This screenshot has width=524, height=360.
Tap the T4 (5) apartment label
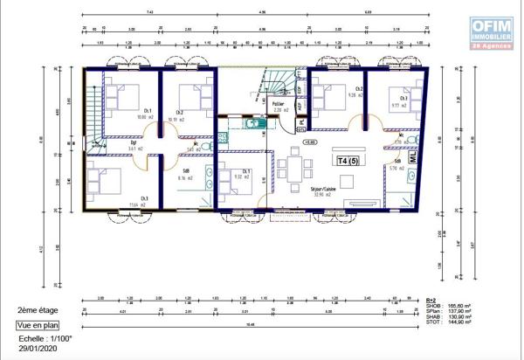click(x=348, y=162)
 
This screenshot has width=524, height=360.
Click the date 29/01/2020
click(x=36, y=348)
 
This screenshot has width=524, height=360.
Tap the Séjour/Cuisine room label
click(x=326, y=190)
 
